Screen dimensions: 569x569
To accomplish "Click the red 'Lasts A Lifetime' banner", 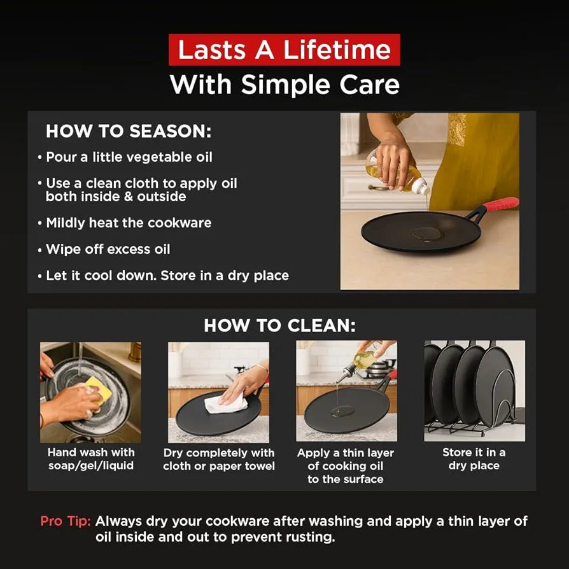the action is coord(284,50).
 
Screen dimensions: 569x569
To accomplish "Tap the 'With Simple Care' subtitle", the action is coord(284,85).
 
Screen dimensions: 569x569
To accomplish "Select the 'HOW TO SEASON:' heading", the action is coord(129,131).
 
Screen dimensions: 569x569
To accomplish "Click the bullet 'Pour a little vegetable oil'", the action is coord(125,157).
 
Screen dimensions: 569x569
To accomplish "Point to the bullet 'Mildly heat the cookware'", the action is coord(125,223).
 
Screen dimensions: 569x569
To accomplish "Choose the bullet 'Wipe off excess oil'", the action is coord(104,249).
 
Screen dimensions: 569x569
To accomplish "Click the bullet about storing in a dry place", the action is coord(164,276).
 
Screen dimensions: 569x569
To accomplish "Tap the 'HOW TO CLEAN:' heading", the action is coord(280,325).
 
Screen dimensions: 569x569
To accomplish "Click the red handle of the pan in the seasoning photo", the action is coord(501,204).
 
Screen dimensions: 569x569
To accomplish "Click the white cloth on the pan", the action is coord(226,404).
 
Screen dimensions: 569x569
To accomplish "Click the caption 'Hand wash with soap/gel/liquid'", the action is coord(91,459).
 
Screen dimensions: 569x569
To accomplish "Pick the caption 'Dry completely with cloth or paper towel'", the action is coord(219,460).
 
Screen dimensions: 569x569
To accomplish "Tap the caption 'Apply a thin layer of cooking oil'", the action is coord(346,460).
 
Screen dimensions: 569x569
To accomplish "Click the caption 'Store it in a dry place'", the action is coord(474,459).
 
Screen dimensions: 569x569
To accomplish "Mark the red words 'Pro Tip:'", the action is coord(66,521).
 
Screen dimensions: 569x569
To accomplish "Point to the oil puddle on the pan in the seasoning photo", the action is coord(426,234).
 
